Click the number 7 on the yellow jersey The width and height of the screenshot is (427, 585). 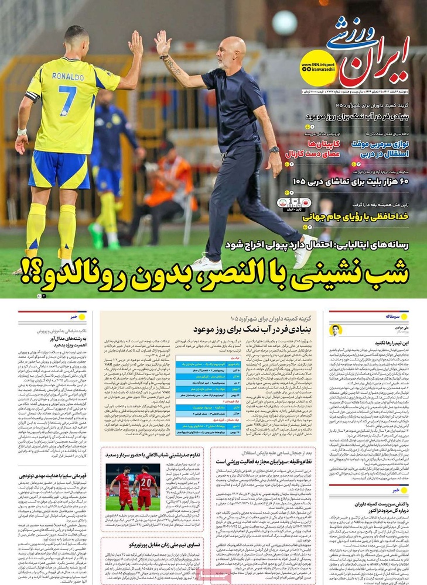[x=67, y=100]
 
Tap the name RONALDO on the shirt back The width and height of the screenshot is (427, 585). [x=68, y=77]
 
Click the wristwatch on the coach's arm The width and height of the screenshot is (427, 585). [x=274, y=150]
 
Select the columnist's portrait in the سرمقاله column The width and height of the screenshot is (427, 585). [x=336, y=329]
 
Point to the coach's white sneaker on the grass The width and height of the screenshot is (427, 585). [x=206, y=263]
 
